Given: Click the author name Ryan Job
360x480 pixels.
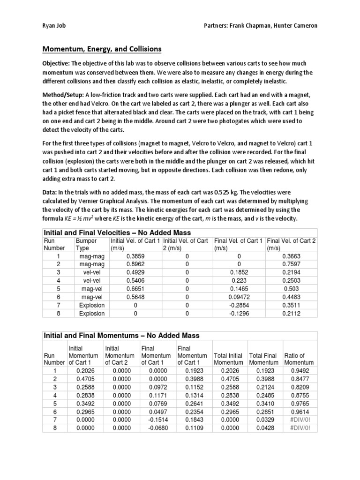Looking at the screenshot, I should [54, 26].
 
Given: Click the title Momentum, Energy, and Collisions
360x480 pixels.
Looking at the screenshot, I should [102, 49].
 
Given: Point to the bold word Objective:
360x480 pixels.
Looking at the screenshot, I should [57, 63].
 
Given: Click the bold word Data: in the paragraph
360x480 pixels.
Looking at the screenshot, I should [51, 193].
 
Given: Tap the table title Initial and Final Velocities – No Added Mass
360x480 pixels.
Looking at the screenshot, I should [117, 232].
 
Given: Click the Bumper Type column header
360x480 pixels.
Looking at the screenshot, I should [86, 244].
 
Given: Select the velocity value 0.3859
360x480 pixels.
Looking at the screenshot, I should [135, 256].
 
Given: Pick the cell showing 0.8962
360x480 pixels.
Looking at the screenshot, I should [135, 264].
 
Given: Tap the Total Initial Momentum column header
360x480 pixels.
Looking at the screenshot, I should [228, 359].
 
